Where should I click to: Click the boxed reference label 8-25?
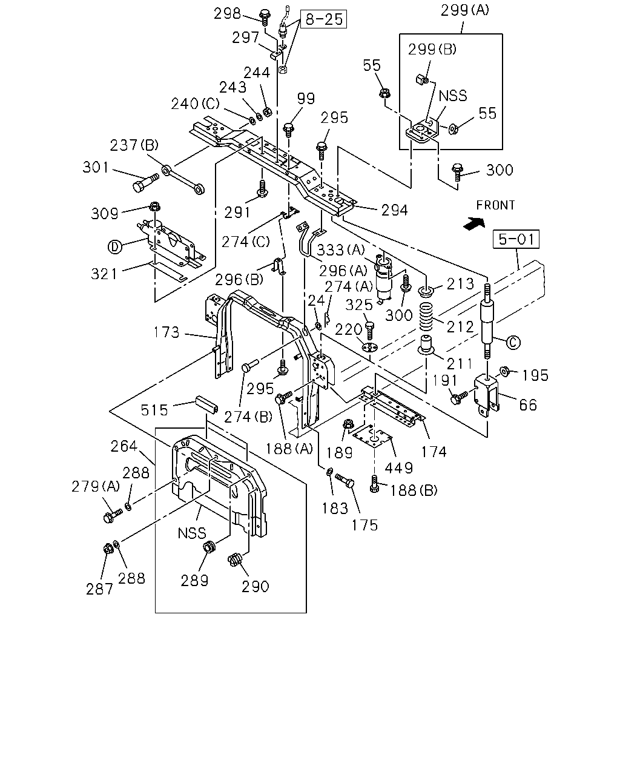(323, 19)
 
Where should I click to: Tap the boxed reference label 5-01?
(516, 239)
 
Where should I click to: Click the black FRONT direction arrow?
(474, 223)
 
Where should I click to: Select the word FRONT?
(495, 205)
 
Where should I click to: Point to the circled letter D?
(115, 246)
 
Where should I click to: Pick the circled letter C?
(513, 342)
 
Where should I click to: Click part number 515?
(154, 410)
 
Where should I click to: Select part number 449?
(399, 468)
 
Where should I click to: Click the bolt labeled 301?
(146, 183)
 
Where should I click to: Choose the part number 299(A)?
(465, 10)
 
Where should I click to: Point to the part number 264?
(124, 446)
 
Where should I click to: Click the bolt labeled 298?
(265, 17)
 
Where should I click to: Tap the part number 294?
(395, 210)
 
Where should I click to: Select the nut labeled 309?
(155, 207)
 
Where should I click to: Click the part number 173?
(167, 332)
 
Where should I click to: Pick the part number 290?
(256, 587)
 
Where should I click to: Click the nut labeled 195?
(504, 371)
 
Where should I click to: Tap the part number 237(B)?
(134, 145)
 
